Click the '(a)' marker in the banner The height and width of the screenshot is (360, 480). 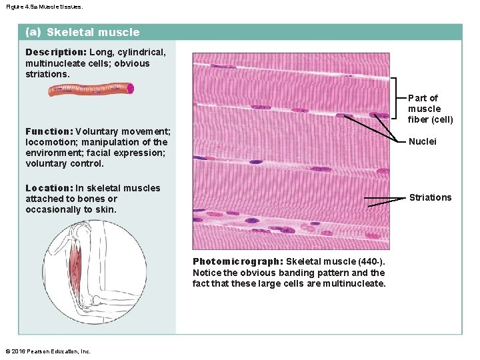33,32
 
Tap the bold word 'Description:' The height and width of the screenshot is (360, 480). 56,52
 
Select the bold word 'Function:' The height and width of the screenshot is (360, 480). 49,131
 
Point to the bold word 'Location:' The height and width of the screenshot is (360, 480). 49,188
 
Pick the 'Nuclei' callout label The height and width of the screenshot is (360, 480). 422,141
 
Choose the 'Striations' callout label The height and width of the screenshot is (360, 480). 430,197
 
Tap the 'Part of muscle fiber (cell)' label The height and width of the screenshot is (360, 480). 430,109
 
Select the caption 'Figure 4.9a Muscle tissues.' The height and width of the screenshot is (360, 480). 45,6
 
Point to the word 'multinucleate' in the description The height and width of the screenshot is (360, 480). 53,63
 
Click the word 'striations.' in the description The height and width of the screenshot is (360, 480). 47,75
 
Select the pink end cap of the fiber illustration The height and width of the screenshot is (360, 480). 131,88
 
